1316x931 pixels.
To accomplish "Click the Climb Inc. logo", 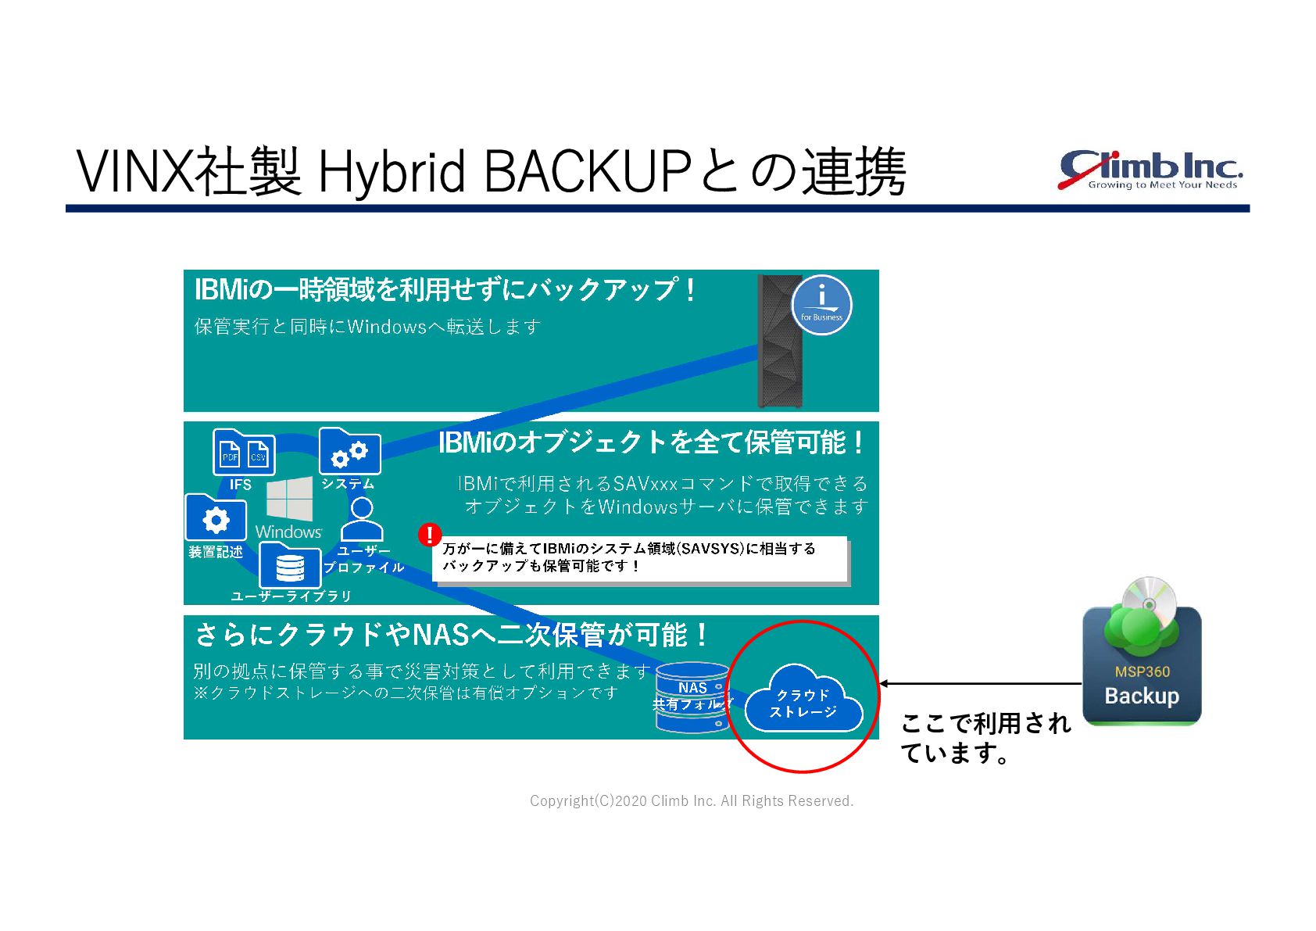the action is pos(1150,170).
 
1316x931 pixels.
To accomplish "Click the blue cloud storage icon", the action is pos(803,700).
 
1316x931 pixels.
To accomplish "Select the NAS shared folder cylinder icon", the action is pos(692,697).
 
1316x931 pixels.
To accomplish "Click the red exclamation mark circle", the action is pos(429,535).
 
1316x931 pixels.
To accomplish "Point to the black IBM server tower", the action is pos(779,342).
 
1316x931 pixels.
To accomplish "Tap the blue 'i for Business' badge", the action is pos(821,305).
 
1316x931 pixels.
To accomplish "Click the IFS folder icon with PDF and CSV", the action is pos(244,453).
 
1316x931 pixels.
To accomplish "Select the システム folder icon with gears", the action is pos(349,451).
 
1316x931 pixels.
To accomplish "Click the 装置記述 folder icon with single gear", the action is pos(216,518).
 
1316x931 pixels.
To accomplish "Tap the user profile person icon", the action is pos(362,518).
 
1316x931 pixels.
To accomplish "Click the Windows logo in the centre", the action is pos(289,500).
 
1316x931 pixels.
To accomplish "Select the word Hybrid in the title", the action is pos(392,173).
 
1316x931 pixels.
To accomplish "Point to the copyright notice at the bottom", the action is pos(691,800).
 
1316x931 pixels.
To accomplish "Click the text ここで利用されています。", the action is pos(985,737).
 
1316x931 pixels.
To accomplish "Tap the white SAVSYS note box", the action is pos(640,558).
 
